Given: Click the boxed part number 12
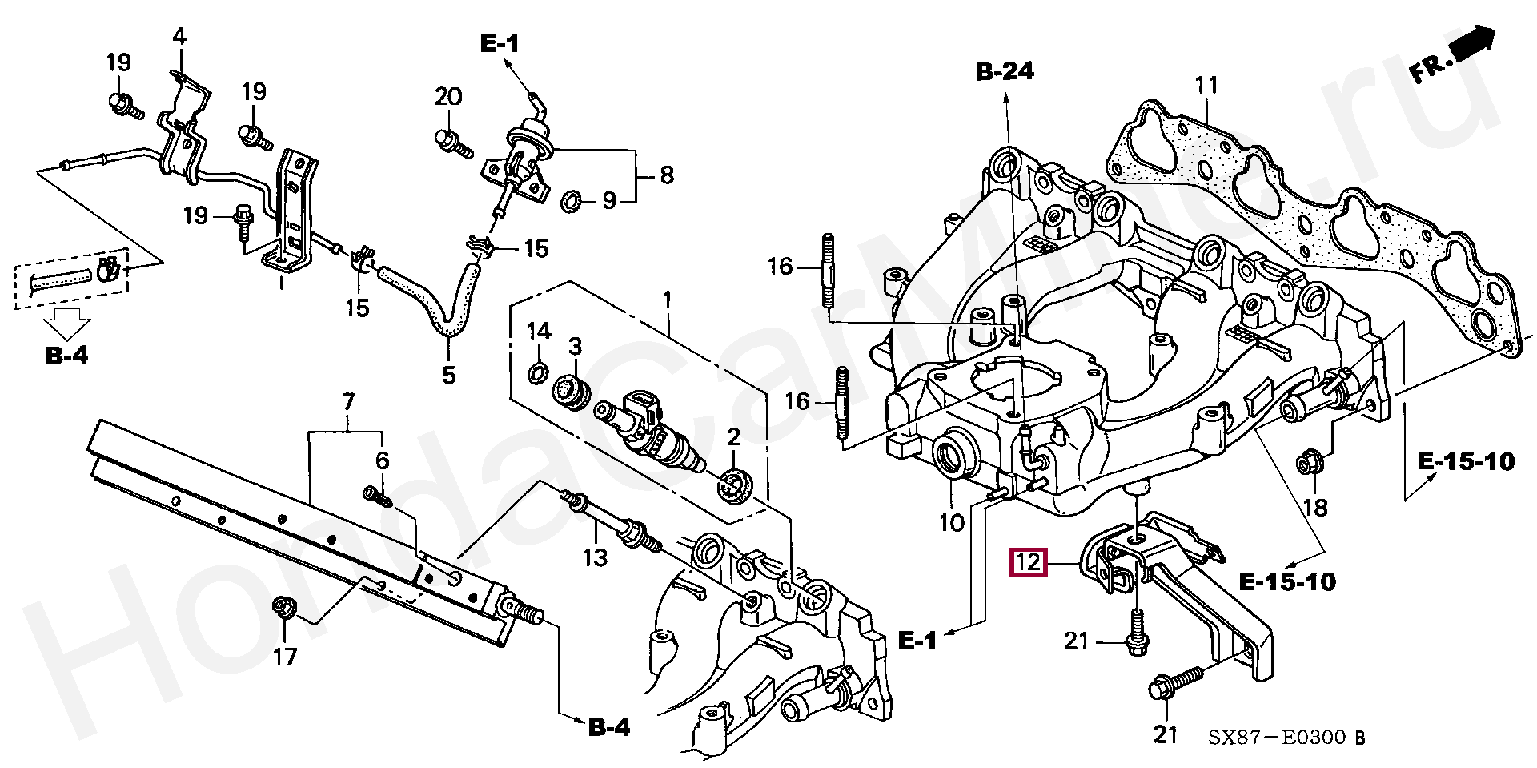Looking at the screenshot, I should [x=1028, y=562].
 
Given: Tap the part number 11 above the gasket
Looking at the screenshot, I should [x=1206, y=86].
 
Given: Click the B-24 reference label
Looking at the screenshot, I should [x=1005, y=72].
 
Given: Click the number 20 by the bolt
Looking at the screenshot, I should [x=448, y=97].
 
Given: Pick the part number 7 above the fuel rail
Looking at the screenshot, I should [x=348, y=401].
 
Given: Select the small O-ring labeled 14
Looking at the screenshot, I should [x=539, y=372].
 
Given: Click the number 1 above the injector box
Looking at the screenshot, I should [x=667, y=302].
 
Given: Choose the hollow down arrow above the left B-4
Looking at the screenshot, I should [x=67, y=324].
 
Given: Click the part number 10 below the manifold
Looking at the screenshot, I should [x=951, y=523].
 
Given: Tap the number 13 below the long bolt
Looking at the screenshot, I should [x=595, y=557].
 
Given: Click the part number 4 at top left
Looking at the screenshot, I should [x=179, y=37].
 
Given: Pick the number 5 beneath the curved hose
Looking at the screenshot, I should [x=449, y=374].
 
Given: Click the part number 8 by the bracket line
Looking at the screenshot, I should [x=666, y=175].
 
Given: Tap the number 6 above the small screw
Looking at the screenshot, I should [x=383, y=460].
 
